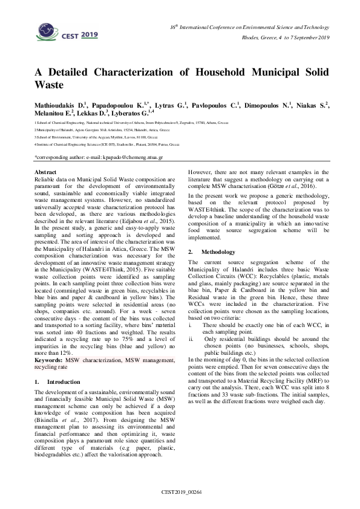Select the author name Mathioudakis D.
coord(59,105)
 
